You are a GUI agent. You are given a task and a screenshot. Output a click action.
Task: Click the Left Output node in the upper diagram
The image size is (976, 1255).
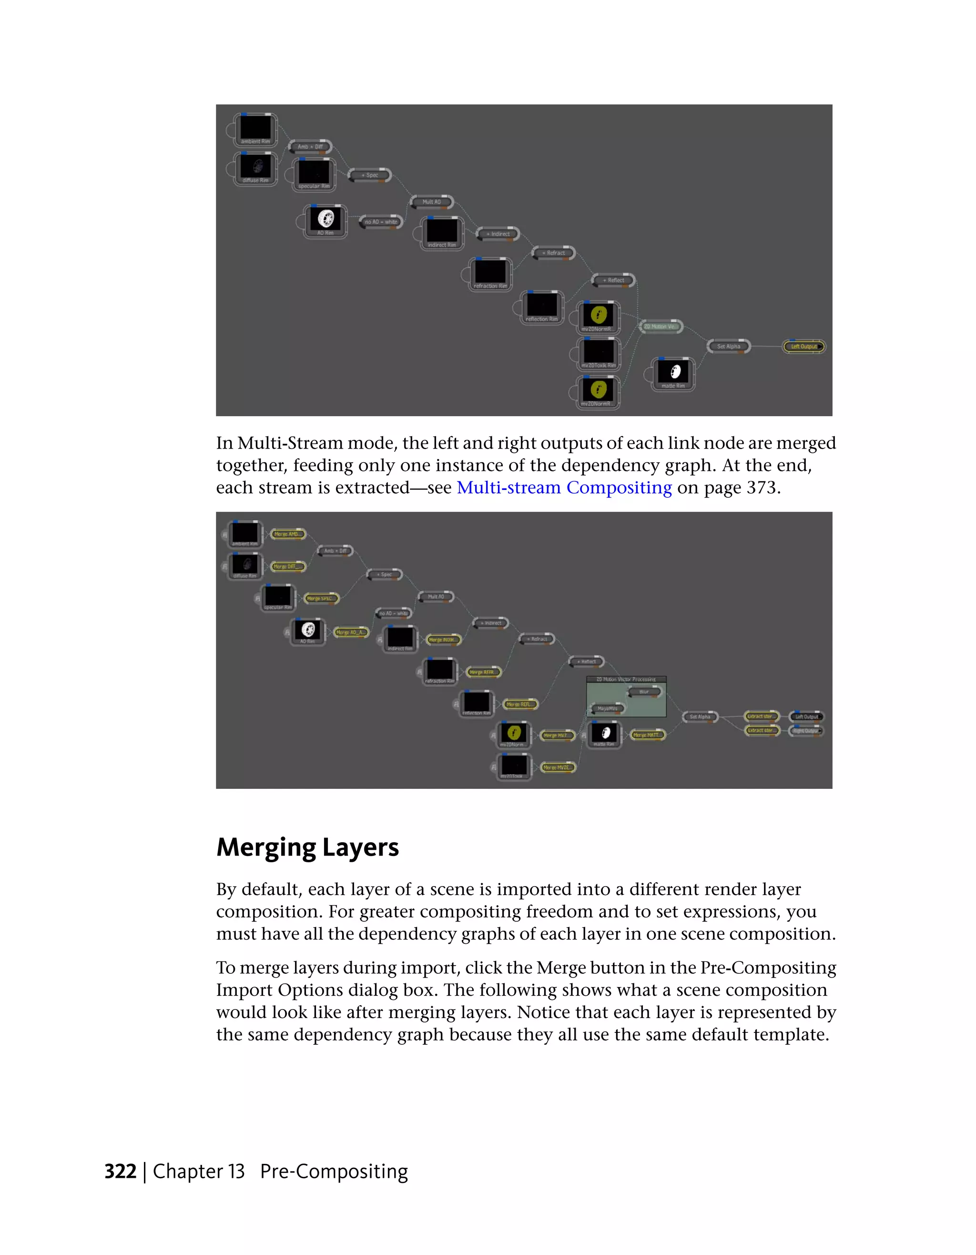click(x=803, y=347)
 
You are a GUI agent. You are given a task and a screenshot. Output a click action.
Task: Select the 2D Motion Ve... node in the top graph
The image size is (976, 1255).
click(x=661, y=327)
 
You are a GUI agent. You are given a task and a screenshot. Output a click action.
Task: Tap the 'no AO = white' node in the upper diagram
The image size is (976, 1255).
click(x=381, y=222)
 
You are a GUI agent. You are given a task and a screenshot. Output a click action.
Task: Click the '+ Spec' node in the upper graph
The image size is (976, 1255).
click(x=370, y=175)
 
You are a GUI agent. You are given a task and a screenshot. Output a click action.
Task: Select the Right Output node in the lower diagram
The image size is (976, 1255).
click(x=806, y=731)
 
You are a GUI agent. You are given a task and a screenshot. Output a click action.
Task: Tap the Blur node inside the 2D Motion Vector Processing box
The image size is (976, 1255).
click(x=644, y=692)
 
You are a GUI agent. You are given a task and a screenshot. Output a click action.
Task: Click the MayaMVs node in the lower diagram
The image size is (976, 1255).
click(x=607, y=708)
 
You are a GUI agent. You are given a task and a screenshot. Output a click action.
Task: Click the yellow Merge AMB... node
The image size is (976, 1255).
click(x=287, y=534)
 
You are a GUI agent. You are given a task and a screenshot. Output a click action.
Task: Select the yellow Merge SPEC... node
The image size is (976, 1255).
click(x=321, y=598)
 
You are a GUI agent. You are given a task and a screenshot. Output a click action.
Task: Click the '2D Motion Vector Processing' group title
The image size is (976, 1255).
click(x=626, y=679)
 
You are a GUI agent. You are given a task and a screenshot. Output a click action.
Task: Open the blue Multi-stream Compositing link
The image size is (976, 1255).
click(x=564, y=488)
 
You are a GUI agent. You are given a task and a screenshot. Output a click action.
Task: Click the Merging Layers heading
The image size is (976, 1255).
click(x=307, y=847)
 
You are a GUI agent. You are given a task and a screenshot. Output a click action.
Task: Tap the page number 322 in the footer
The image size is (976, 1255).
click(x=120, y=1172)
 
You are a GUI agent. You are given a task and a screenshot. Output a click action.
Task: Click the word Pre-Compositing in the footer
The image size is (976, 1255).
click(x=334, y=1172)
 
